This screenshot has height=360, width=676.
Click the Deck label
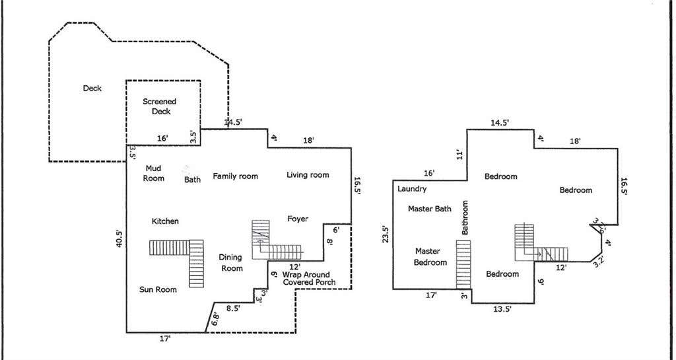tap(92, 89)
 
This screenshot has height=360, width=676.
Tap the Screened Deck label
tap(160, 106)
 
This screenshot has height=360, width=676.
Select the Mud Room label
tap(154, 173)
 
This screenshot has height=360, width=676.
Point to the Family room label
tap(236, 176)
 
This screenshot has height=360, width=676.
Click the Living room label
tap(308, 174)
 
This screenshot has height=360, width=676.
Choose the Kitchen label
tap(165, 221)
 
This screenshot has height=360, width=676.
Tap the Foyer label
tap(298, 219)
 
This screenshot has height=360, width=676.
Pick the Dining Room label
tap(232, 262)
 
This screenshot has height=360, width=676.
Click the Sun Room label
tap(158, 289)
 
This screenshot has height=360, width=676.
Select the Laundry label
tap(412, 189)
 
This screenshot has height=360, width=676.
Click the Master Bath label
tap(430, 209)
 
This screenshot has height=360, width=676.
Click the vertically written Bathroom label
tap(465, 217)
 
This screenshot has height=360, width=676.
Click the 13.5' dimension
tap(502, 308)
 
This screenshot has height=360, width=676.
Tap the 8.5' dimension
tap(233, 308)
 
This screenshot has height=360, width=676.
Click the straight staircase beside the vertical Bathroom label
tap(463, 264)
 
